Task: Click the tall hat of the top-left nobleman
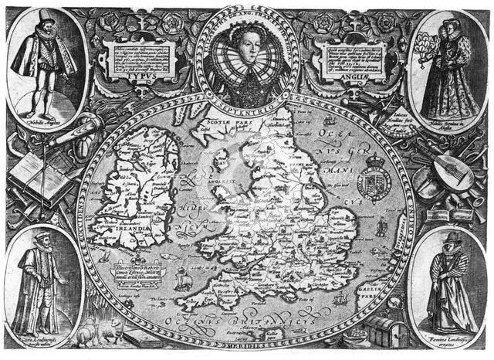coord(44,18)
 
